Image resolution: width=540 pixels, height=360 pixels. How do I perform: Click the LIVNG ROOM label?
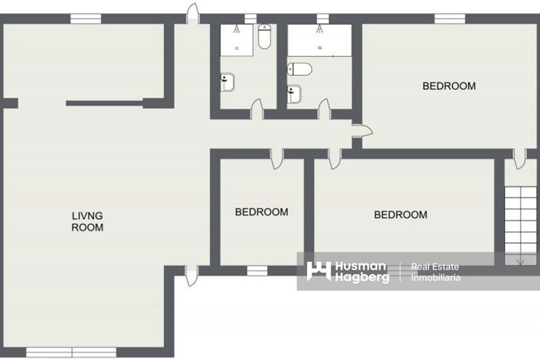pos(87,221)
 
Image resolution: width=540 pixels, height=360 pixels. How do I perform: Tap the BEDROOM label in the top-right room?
pos(449,86)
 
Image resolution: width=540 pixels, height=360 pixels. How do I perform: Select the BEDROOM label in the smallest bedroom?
pos(261,212)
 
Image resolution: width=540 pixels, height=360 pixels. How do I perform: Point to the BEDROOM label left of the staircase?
pos(400,215)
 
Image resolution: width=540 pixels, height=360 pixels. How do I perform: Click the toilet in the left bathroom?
pos(264,37)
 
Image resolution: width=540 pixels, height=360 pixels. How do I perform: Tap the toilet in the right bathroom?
pos(300,70)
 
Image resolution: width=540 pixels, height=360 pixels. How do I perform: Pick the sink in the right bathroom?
pos(295,93)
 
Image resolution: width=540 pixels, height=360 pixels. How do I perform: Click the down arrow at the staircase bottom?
pos(521,260)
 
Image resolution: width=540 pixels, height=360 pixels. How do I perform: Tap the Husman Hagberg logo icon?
pos(319,271)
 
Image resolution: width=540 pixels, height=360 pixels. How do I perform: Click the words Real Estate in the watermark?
pos(435,267)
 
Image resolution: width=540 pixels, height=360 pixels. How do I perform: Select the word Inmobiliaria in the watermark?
pos(436,278)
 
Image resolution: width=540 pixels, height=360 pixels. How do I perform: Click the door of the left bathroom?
pos(257,109)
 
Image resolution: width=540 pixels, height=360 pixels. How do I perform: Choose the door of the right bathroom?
pos(324,109)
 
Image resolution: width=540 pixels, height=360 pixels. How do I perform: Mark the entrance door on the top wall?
pos(193,13)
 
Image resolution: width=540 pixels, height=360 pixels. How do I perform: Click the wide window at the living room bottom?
pos(58,352)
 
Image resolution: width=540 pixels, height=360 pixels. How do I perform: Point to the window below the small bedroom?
pos(257,270)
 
